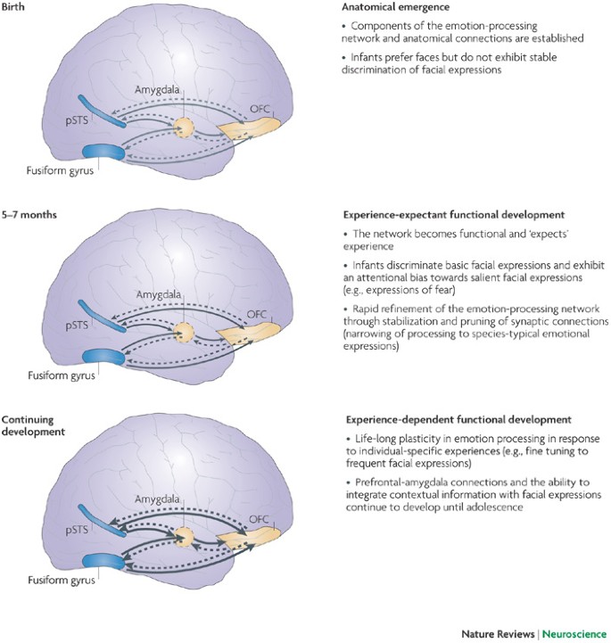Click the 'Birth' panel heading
(17, 8)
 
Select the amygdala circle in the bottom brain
(184, 538)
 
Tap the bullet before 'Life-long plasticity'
(347, 441)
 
